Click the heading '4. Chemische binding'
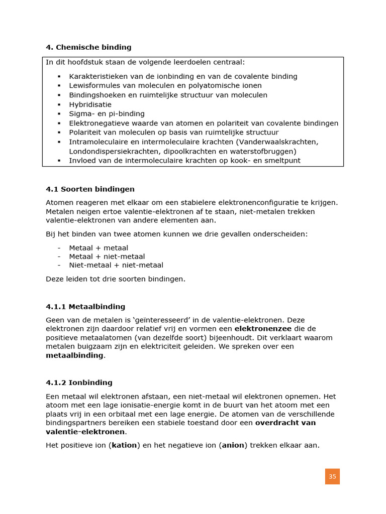click(88, 47)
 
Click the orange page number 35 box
click(332, 476)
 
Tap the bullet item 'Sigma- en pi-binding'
click(107, 114)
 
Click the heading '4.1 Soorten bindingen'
click(90, 189)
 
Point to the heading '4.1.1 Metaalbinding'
click(85, 307)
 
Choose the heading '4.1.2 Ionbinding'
click(79, 382)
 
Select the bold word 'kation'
click(124, 445)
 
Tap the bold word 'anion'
click(233, 445)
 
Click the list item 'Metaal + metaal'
click(99, 248)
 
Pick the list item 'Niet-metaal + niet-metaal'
click(116, 265)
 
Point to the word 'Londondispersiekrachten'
click(112, 151)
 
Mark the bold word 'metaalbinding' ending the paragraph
click(74, 355)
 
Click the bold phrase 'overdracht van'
click(285, 423)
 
